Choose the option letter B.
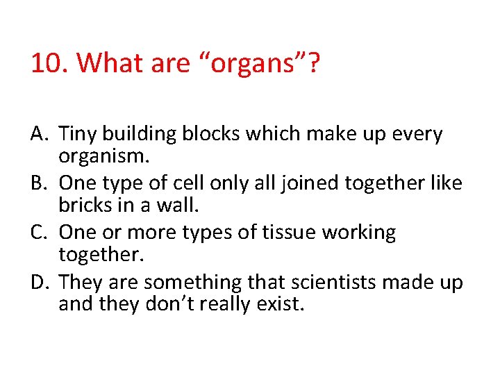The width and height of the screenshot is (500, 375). click(x=39, y=183)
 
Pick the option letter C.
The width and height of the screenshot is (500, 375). click(x=39, y=233)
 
